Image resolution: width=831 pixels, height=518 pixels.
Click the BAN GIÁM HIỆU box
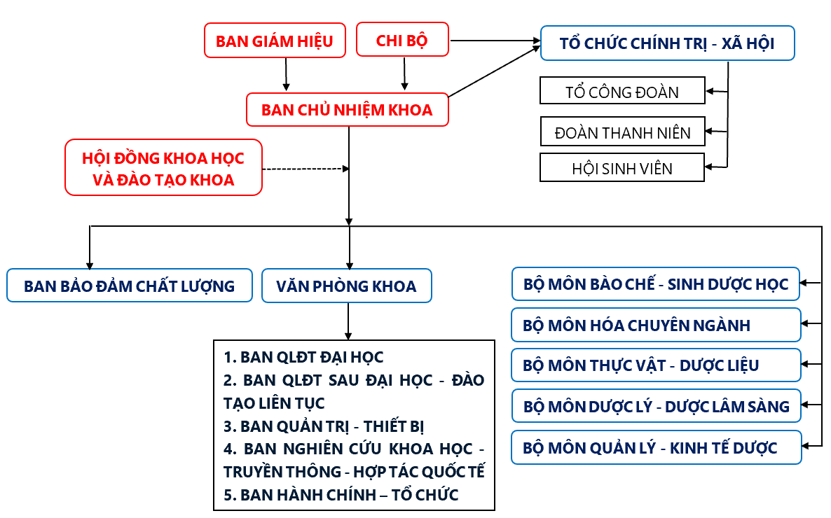click(x=275, y=41)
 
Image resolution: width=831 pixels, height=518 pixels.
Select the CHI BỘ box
click(x=402, y=39)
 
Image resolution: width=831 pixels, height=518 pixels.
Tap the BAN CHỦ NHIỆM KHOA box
click(x=347, y=110)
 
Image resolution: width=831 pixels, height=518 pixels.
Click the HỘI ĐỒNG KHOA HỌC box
click(x=163, y=167)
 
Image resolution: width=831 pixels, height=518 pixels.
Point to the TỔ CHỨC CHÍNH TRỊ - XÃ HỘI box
click(x=667, y=43)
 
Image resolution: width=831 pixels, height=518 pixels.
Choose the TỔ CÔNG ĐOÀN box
click(x=622, y=90)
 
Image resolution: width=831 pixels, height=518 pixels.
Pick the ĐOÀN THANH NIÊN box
click(x=622, y=132)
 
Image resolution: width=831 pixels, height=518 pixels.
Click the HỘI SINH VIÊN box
click(x=622, y=167)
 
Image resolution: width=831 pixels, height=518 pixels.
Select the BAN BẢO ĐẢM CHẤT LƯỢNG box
click(x=130, y=286)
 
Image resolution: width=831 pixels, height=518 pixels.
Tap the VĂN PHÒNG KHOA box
click(x=347, y=286)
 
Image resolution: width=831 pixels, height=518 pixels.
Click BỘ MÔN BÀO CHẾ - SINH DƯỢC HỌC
click(x=656, y=284)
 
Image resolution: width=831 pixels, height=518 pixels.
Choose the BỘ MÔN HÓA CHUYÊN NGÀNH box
click(x=656, y=325)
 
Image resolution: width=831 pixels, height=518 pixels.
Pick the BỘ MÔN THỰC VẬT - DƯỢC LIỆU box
click(x=656, y=365)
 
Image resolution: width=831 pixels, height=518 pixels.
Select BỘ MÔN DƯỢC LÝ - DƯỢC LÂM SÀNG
click(x=656, y=406)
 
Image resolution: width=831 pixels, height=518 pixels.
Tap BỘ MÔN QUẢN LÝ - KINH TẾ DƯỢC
click(x=656, y=447)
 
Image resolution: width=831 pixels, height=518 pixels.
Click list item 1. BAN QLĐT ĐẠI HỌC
click(x=303, y=357)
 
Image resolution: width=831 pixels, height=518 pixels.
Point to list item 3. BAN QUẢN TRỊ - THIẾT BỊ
click(x=324, y=426)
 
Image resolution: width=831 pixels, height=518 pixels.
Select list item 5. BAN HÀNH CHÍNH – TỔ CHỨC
click(x=341, y=495)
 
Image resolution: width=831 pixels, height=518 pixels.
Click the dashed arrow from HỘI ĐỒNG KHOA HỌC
click(x=305, y=169)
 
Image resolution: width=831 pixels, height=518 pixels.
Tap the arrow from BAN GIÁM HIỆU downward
click(x=286, y=74)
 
